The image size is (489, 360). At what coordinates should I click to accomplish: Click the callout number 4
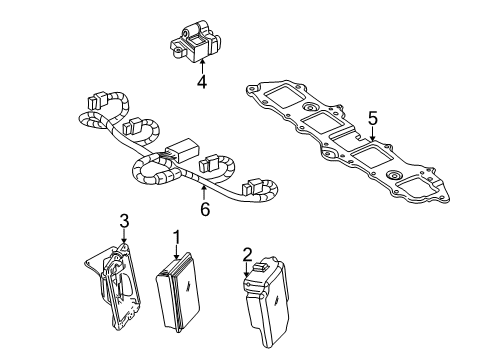[x=201, y=83]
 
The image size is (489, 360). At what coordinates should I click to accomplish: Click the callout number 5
[x=372, y=119]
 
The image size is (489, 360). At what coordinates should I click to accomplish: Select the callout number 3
[x=124, y=221]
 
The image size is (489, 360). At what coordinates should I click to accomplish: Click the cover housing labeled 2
[x=269, y=305]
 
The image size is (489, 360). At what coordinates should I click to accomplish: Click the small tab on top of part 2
[x=263, y=267]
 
